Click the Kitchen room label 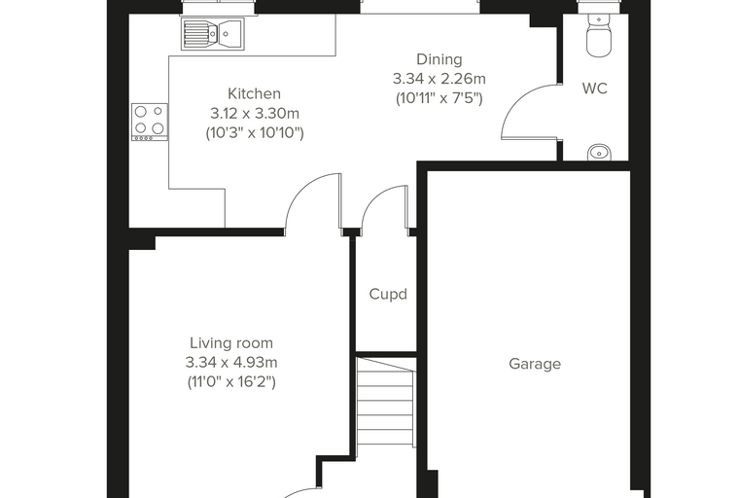point(254,93)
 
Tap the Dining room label point(440,60)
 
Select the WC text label point(595,89)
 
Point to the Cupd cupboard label point(388,295)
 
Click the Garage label point(535,364)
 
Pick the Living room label point(231,342)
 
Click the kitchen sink point(213,33)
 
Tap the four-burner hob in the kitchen point(150,122)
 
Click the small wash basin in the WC point(599,153)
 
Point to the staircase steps point(386,402)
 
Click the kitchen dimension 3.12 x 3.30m point(255,114)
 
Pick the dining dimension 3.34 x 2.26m point(440,79)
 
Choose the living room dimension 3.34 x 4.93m point(231,362)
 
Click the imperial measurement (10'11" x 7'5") point(440,98)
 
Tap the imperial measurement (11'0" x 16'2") point(231,381)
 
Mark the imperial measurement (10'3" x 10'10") point(255,133)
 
